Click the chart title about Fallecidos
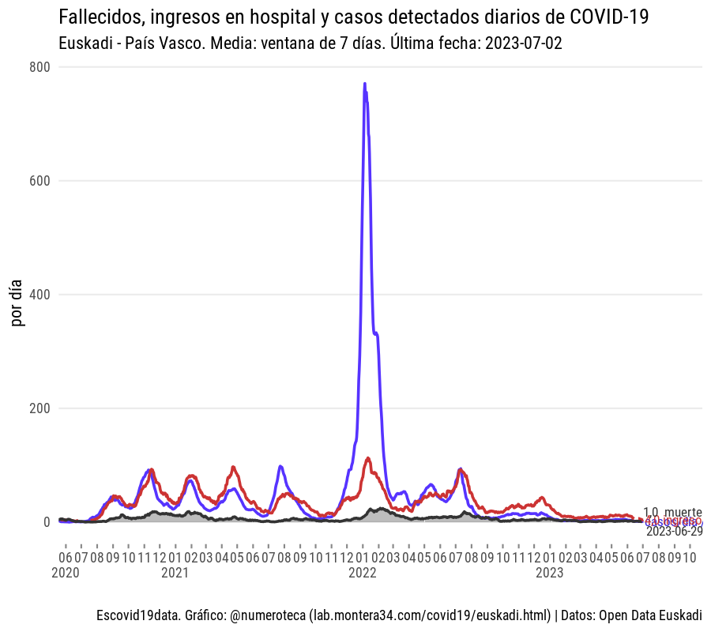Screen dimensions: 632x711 [x=354, y=17]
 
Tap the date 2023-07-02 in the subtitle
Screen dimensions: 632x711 [x=524, y=43]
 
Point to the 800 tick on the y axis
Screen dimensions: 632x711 [x=40, y=67]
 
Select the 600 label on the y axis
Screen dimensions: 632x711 [x=40, y=181]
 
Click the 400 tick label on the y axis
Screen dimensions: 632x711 [x=40, y=295]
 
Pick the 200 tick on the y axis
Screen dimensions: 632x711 [x=40, y=408]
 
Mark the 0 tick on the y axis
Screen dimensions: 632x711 [x=47, y=522]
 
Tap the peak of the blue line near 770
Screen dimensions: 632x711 [x=364, y=84]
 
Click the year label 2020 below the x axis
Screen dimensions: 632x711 [x=65, y=573]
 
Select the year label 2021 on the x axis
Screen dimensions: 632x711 [x=175, y=573]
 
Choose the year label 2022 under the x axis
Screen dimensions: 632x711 [x=363, y=573]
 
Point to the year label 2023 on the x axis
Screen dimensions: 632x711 [x=550, y=573]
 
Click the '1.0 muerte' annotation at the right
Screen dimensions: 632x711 [x=672, y=512]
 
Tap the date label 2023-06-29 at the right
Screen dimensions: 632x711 [x=674, y=531]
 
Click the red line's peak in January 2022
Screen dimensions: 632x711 [x=368, y=458]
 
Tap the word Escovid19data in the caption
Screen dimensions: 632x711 [x=131, y=615]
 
